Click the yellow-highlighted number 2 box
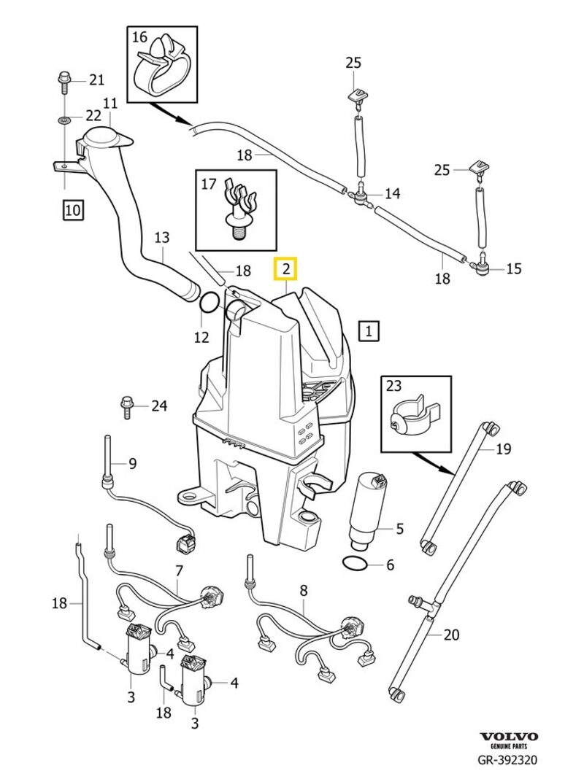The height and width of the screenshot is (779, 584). coord(285,269)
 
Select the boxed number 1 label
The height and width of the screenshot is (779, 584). coord(369,331)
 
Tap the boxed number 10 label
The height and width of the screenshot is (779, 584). coord(72,211)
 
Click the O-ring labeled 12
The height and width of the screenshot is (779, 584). coord(208,303)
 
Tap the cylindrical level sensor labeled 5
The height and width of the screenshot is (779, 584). coord(367,510)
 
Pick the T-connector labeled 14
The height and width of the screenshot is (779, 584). coord(361,193)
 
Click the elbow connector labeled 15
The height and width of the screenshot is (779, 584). coord(482,268)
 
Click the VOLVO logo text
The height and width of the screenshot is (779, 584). coord(508,737)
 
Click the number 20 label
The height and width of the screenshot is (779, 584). coord(452,635)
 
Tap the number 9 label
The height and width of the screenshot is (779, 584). coord(132,462)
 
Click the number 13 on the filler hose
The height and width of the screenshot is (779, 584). coord(161,237)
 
